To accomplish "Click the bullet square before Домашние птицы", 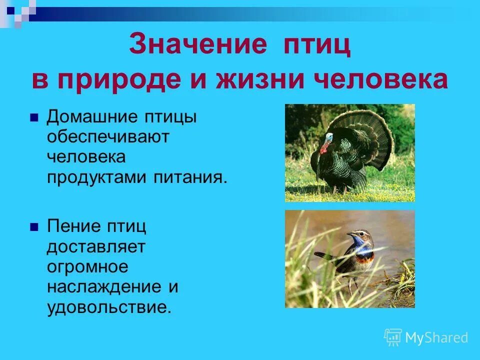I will pos(34,118).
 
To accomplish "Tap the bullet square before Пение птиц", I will pos(34,226).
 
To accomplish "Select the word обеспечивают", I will pos(108,137).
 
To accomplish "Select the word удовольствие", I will pos(108,306).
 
